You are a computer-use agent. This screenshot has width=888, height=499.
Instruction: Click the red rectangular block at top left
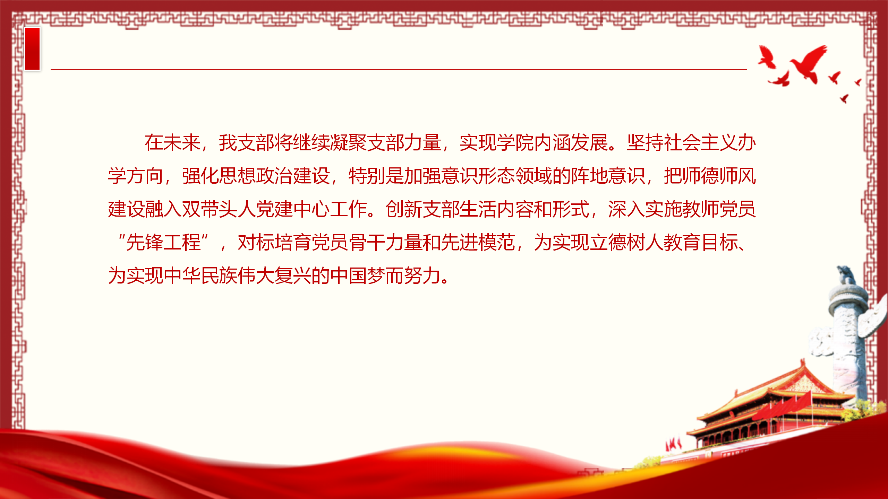click(x=32, y=49)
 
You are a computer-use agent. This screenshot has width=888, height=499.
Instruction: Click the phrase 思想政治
click(x=256, y=176)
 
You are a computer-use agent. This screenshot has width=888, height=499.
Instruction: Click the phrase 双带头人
click(x=219, y=209)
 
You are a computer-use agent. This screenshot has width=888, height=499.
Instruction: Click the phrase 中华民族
click(x=200, y=276)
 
